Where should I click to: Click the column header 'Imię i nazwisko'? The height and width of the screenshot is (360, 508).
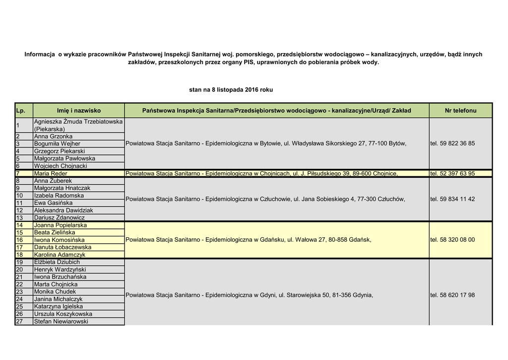tap(78, 111)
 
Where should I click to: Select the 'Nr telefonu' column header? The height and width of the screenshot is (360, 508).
tap(460, 111)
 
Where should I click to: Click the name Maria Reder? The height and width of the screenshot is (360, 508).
tap(51, 174)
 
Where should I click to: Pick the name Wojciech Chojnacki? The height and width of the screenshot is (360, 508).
tap(61, 166)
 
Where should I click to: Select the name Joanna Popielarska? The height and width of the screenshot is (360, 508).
tap(60, 225)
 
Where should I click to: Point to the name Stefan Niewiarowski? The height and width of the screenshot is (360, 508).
tap(61, 322)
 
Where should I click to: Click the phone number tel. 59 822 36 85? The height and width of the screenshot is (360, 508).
tap(452, 144)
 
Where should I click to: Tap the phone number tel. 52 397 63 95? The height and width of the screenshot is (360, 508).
tap(452, 174)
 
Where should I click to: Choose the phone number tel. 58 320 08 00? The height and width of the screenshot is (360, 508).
tap(452, 240)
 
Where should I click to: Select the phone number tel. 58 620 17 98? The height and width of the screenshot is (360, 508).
tap(452, 295)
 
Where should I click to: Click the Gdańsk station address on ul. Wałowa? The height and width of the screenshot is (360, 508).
tap(248, 240)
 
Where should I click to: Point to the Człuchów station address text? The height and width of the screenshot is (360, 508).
tap(265, 199)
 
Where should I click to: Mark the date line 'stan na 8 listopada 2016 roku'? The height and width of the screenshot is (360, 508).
tap(231, 90)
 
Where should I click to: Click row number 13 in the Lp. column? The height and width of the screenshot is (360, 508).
tap(20, 217)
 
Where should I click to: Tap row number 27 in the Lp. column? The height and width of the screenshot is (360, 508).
tap(20, 322)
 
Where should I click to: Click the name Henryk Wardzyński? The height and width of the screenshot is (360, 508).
tap(60, 270)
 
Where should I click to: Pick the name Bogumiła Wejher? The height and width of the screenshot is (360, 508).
tap(57, 144)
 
